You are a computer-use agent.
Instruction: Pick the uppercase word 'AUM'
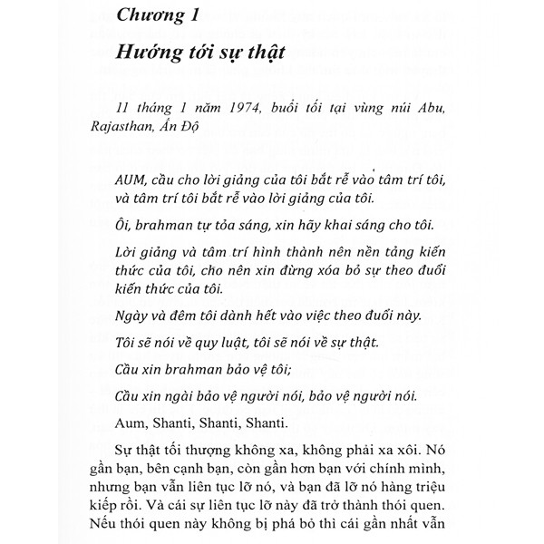[x=133, y=176]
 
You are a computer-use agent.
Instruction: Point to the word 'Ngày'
[x=135, y=316]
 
